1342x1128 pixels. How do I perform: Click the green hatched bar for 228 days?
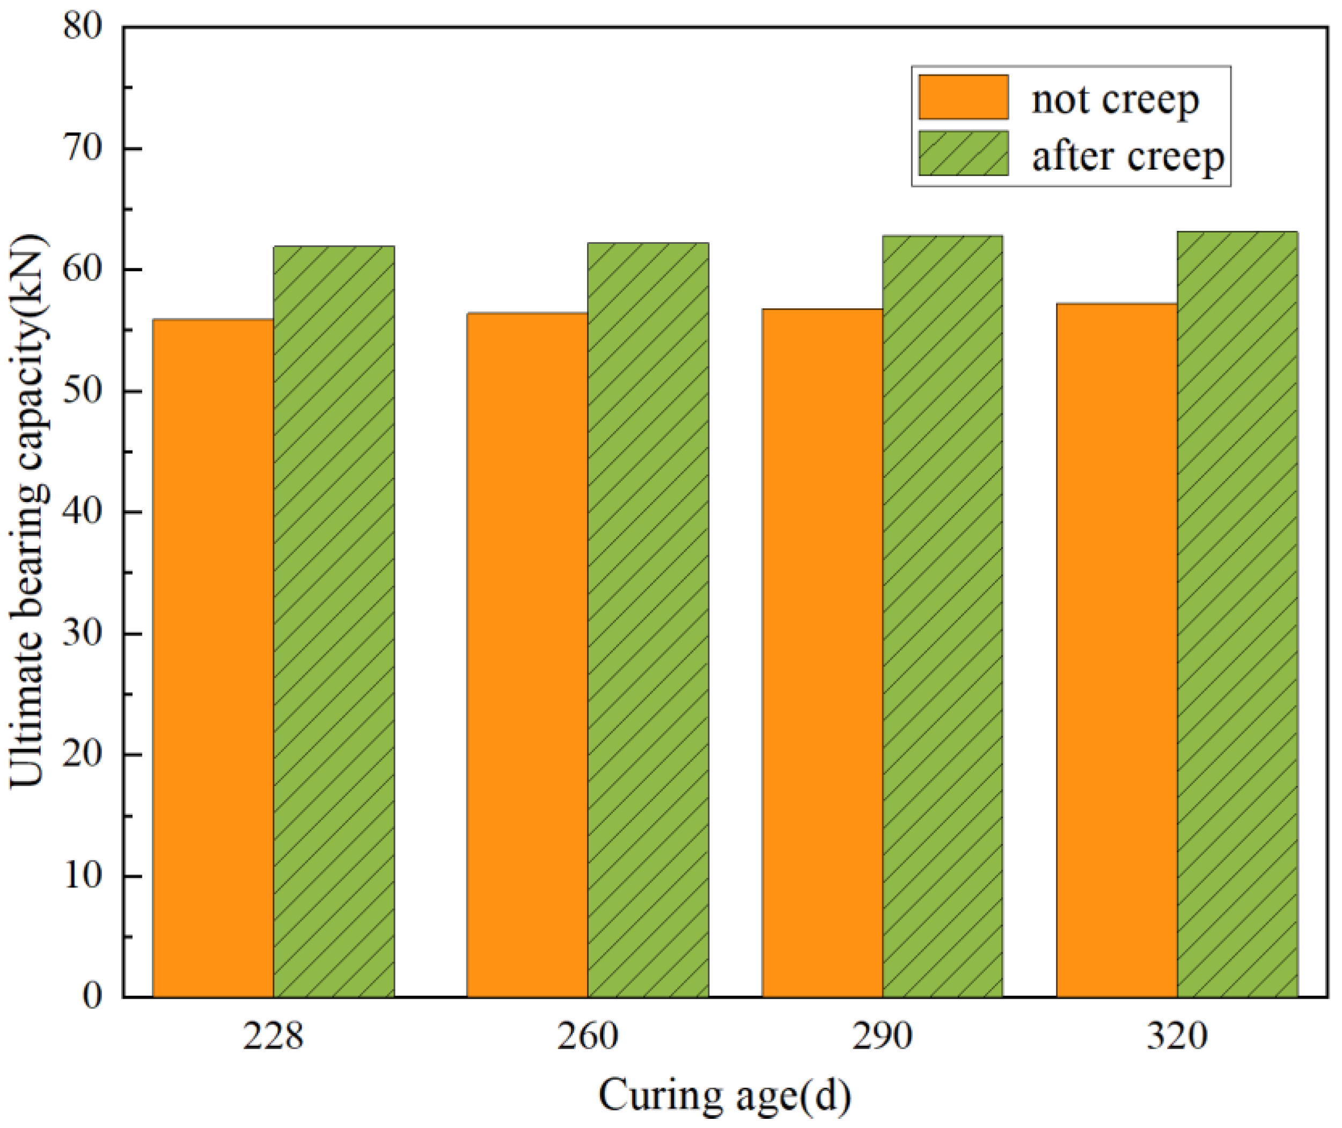[x=334, y=620]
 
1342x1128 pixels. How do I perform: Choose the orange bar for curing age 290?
[x=823, y=652]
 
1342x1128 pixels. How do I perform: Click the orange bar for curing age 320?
[x=1117, y=650]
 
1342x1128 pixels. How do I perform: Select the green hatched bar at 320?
[x=1237, y=614]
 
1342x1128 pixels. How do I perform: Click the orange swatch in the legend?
[x=964, y=97]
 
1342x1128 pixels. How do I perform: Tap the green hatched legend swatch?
[x=964, y=154]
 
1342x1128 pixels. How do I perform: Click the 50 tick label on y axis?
[x=83, y=391]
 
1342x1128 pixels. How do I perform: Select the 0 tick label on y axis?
[x=93, y=996]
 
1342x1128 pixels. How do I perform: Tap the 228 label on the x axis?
[x=273, y=1036]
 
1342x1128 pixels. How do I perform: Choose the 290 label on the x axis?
[x=882, y=1036]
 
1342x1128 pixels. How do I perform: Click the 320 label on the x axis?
[x=1177, y=1036]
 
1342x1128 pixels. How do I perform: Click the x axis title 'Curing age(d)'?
[x=725, y=1095]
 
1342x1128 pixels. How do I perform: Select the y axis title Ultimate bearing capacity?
[x=29, y=512]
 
